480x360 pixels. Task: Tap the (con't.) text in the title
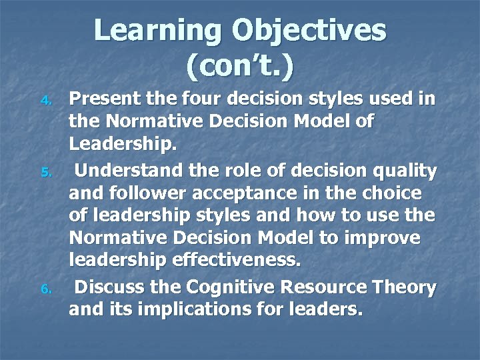tap(240, 67)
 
